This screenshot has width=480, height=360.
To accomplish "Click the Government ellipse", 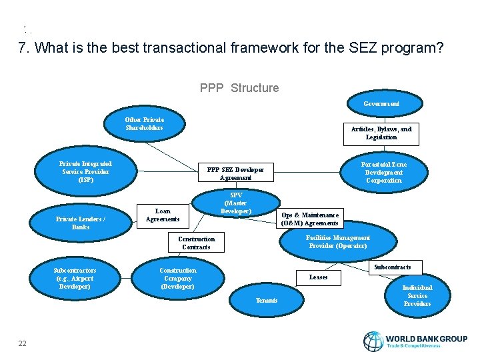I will [x=381, y=104].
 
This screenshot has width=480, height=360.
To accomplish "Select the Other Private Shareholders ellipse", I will [x=145, y=124].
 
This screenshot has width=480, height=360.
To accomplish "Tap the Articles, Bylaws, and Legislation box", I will [x=381, y=133].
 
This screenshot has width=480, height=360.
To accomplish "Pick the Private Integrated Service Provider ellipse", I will [x=85, y=172].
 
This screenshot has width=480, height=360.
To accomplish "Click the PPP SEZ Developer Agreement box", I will [x=235, y=173].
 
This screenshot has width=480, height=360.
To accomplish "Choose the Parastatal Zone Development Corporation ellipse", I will [x=384, y=172].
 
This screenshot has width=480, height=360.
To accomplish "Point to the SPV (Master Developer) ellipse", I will [x=235, y=203].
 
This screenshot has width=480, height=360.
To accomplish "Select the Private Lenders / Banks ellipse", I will [x=81, y=223].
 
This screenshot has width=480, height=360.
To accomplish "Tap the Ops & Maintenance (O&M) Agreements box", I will [x=310, y=219].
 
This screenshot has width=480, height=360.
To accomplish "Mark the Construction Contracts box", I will [x=197, y=243].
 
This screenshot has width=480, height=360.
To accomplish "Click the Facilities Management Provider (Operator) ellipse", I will [x=337, y=242].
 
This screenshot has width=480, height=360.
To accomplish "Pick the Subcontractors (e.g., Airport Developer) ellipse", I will [x=75, y=278].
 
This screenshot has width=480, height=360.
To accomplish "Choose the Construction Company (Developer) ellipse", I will [x=178, y=278].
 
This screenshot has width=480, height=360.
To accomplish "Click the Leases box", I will [x=318, y=277].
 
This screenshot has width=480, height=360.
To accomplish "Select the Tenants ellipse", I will [x=267, y=301].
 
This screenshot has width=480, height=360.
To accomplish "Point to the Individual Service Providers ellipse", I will [x=417, y=295].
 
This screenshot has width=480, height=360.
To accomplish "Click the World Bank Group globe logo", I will [x=373, y=341].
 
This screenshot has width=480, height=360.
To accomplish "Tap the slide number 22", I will [x=23, y=343].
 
